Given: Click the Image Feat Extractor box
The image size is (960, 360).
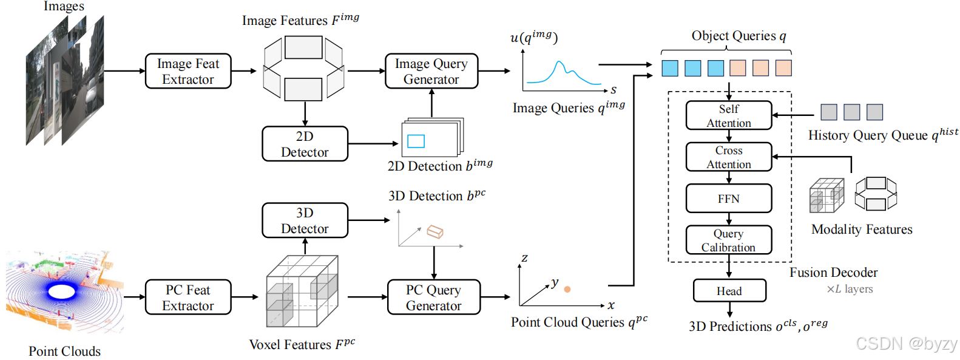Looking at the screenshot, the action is (x=188, y=71).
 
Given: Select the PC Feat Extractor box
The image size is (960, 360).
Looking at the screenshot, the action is (x=188, y=297).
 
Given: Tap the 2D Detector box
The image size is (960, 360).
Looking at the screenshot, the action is (x=305, y=144).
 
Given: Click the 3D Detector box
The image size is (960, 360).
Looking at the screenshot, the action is (x=305, y=220).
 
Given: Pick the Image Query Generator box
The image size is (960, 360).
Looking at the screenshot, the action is (x=431, y=71).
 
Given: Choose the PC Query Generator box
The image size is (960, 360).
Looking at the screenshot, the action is (x=434, y=297).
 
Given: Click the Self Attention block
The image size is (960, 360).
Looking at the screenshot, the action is (x=729, y=116).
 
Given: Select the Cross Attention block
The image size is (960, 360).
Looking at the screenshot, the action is (x=729, y=157).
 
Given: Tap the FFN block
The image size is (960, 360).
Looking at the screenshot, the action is (x=729, y=199).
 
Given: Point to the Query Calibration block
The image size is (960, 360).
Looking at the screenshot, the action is (x=729, y=240).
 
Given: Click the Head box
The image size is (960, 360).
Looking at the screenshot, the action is (x=729, y=291).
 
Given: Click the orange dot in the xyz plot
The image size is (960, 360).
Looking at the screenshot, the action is (x=567, y=290).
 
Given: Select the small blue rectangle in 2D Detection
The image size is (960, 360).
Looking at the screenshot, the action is (x=416, y=141).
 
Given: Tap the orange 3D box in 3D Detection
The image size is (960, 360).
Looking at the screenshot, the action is (x=435, y=232).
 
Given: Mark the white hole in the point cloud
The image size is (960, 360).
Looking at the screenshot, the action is (x=62, y=292).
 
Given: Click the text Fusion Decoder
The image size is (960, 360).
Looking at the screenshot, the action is (x=834, y=273).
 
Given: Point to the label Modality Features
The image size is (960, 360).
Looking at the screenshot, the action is (x=862, y=229).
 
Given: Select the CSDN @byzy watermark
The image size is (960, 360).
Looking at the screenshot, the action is (x=907, y=344).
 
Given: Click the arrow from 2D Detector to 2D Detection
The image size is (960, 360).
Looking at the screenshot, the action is (x=373, y=143).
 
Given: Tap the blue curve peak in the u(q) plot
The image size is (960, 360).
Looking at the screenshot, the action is (x=559, y=63).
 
